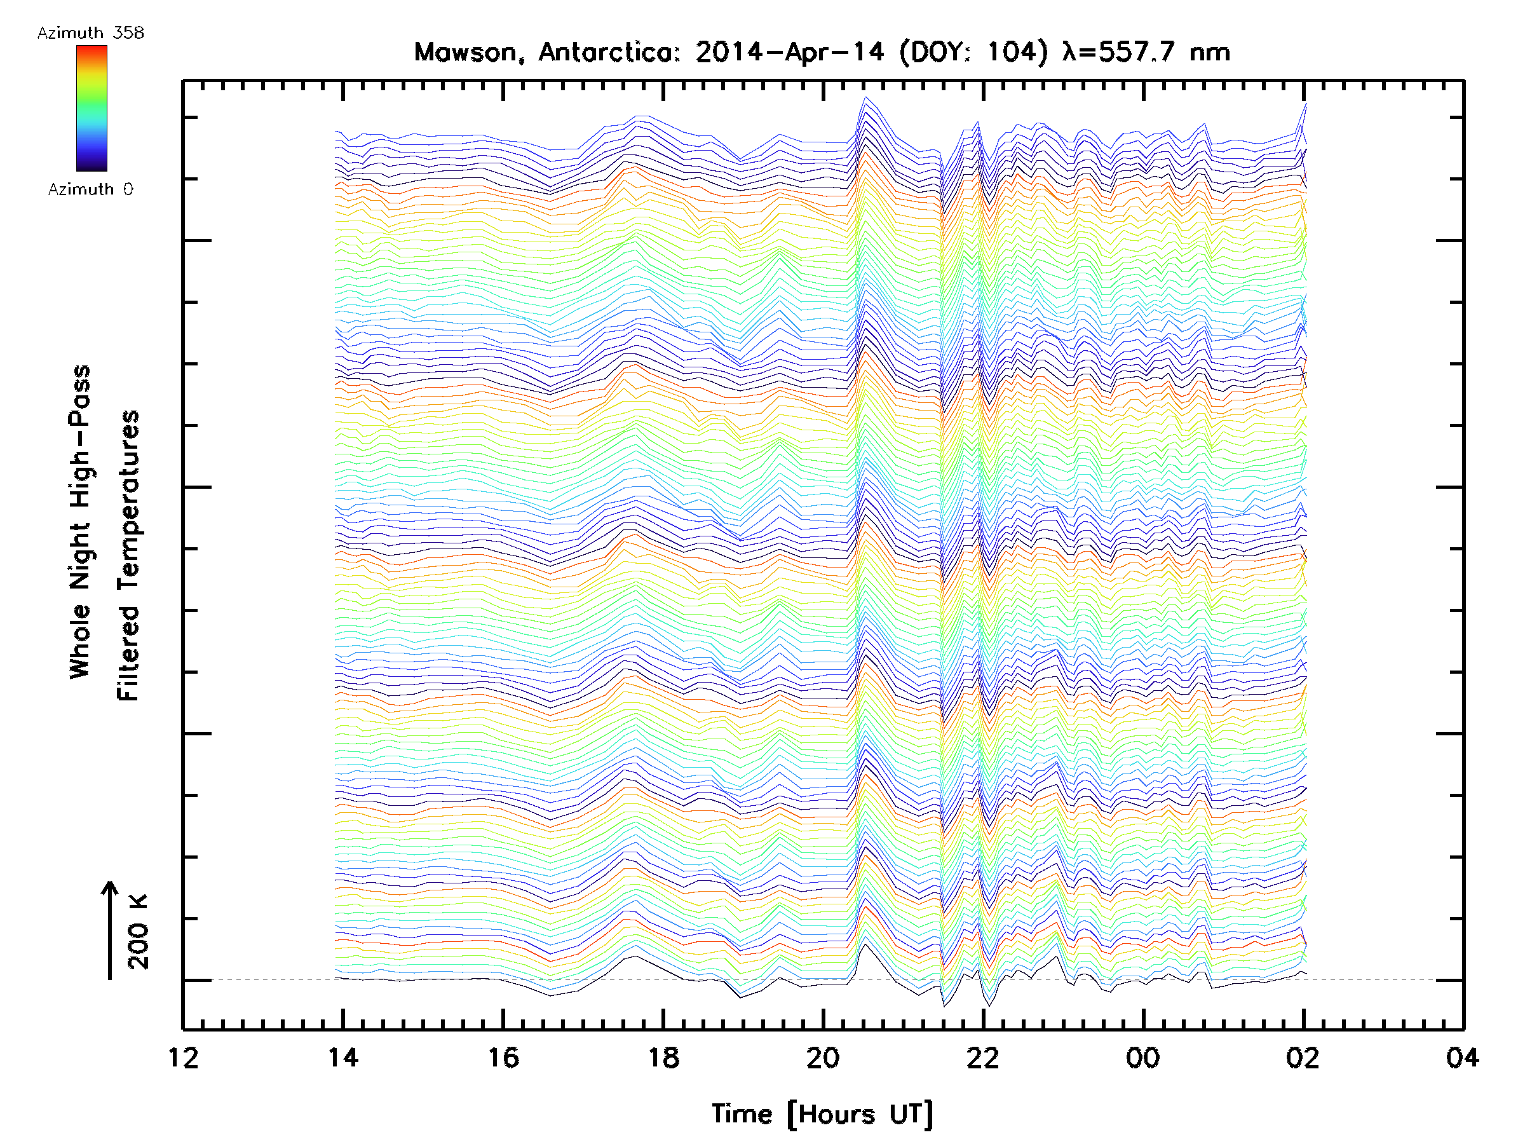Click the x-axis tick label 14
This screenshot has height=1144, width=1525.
point(342,1058)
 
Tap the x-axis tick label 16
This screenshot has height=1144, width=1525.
point(503,1058)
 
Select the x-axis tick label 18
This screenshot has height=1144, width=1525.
point(663,1058)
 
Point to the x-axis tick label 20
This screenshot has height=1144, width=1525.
point(823,1058)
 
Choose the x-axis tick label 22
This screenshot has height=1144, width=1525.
point(983,1058)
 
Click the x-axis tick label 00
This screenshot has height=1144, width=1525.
point(1143,1058)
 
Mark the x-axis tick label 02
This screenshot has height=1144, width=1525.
point(1303,1058)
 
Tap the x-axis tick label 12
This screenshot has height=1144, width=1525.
point(184,1058)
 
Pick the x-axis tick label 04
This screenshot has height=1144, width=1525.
point(1462,1058)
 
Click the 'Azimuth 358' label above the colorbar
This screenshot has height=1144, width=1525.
point(90,33)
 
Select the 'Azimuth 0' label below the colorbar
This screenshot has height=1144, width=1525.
point(90,189)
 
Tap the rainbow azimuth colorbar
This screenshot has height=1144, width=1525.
point(91,108)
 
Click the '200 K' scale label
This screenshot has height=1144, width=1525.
point(138,932)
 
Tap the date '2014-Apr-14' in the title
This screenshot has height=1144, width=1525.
point(790,52)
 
